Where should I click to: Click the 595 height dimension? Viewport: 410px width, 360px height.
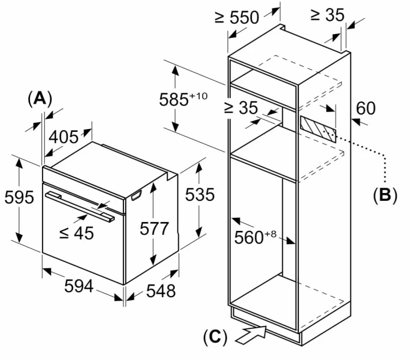(19, 198)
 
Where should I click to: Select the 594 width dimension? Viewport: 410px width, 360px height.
(79, 286)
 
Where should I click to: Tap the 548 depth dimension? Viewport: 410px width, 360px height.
(161, 291)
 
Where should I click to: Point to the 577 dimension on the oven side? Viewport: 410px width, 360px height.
(154, 228)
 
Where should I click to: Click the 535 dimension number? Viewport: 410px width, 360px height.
(200, 195)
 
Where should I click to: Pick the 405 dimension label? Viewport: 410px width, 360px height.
(63, 137)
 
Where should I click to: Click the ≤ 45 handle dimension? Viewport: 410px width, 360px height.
(77, 233)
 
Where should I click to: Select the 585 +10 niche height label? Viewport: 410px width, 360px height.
(183, 99)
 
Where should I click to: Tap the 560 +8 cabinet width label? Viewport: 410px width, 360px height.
(255, 237)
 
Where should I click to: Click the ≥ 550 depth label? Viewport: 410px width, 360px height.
(237, 18)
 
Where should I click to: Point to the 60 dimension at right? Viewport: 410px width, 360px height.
(366, 108)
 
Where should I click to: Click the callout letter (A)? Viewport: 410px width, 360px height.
(40, 99)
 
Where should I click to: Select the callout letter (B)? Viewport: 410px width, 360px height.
(385, 195)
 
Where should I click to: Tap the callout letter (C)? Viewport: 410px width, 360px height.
(215, 337)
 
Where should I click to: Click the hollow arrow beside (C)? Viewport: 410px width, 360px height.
(251, 335)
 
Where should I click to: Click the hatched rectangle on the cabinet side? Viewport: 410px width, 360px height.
(318, 129)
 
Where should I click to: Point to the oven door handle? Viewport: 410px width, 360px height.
(80, 207)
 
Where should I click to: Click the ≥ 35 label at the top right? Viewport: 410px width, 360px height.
(327, 15)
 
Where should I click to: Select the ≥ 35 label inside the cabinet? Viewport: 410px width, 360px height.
(241, 107)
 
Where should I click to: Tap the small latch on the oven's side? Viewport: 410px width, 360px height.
(136, 195)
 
